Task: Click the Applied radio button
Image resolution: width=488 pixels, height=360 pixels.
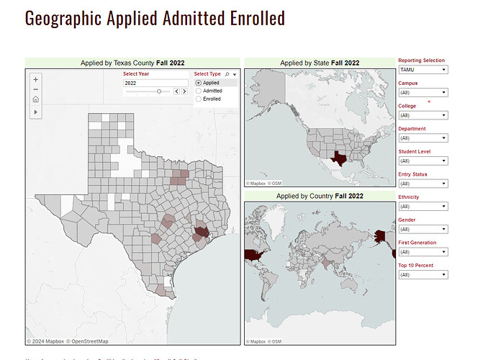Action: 199,83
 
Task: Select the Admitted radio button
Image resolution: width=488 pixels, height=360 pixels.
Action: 199,91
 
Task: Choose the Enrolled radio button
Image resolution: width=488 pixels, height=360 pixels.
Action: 199,99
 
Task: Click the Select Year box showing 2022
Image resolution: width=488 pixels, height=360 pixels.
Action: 155,83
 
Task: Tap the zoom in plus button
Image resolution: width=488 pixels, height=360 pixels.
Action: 36,78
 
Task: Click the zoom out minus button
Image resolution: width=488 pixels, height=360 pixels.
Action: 36,89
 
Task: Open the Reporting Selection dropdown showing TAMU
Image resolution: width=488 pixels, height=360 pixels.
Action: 423,70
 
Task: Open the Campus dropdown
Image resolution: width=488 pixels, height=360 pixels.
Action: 423,92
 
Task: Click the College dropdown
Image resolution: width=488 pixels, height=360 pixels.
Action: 423,115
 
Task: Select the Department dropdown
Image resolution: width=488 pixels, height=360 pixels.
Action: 423,138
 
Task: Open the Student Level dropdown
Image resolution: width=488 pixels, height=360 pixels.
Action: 423,161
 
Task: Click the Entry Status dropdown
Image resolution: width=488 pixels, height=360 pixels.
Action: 423,184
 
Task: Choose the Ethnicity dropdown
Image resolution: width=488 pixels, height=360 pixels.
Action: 423,206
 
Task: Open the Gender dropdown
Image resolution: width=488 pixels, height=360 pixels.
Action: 423,229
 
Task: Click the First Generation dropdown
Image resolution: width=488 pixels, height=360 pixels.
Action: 423,252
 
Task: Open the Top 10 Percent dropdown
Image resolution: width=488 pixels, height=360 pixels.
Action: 423,274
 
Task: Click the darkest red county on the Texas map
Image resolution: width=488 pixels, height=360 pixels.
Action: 200,233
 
